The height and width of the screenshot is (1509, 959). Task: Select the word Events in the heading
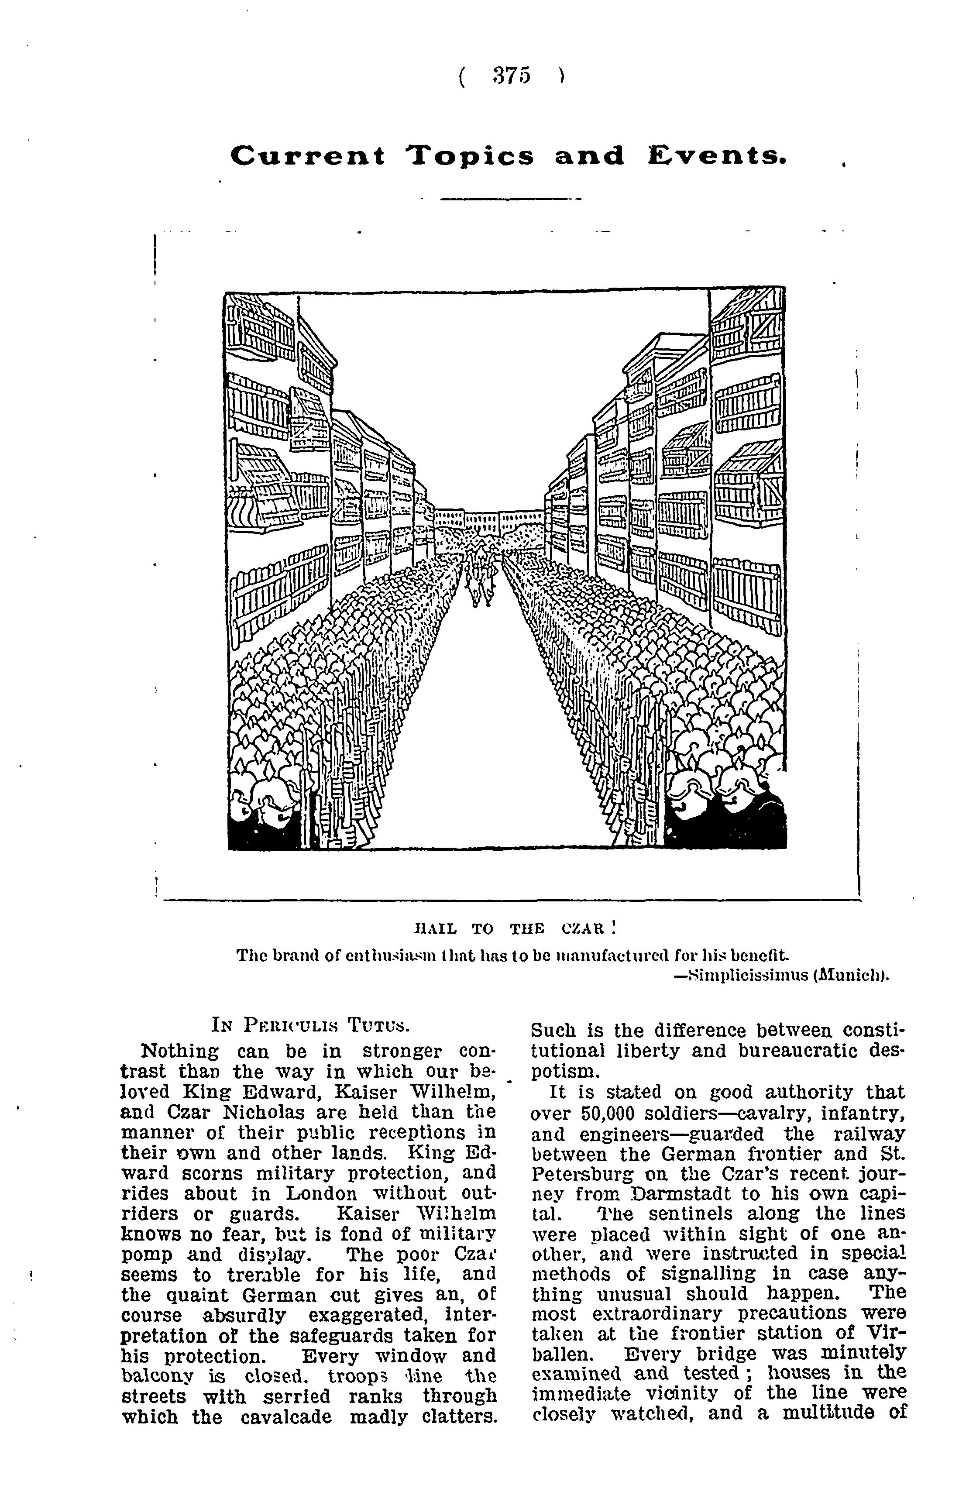[716, 155]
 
